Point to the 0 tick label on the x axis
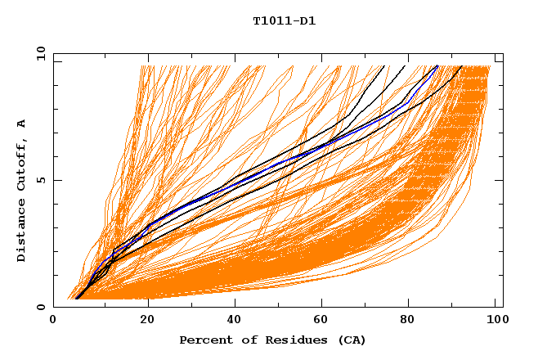pyautogui.click(x=53, y=321)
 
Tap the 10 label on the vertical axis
pyautogui.click(x=39, y=53)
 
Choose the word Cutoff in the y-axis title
pyautogui.click(x=21, y=164)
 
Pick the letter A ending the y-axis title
pyautogui.click(x=21, y=123)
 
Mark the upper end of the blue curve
pyautogui.click(x=437, y=66)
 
